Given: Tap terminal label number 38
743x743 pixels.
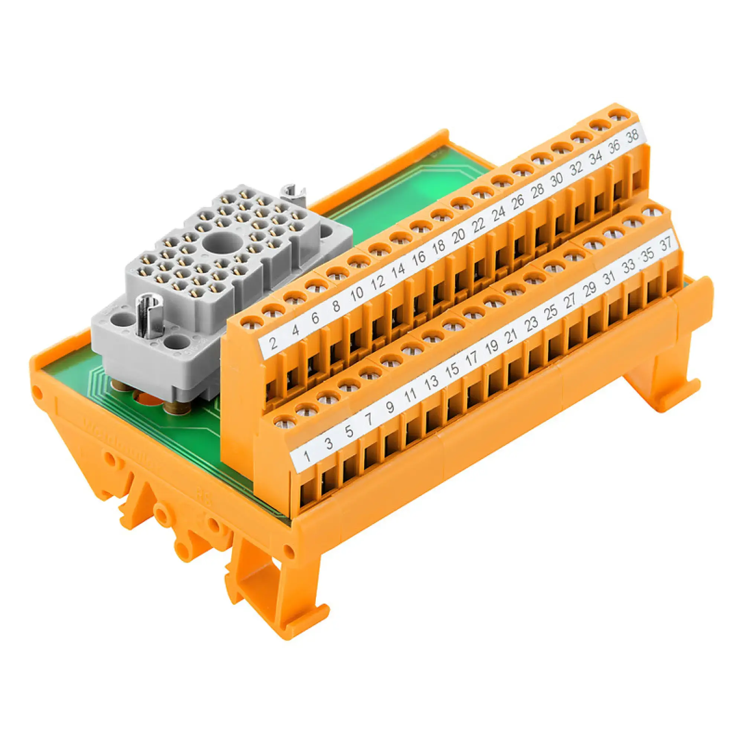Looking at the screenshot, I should pos(632,136).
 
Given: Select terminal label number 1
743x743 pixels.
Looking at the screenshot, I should pos(307,456).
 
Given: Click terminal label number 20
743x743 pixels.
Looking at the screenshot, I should pos(458,237).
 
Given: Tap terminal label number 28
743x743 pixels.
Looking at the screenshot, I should pos(538,191).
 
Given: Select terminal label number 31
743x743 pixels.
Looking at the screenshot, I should pos(609,278).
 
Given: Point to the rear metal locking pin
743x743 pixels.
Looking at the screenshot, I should pos(294,193).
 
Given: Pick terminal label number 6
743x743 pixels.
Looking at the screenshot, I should pos(315,318).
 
